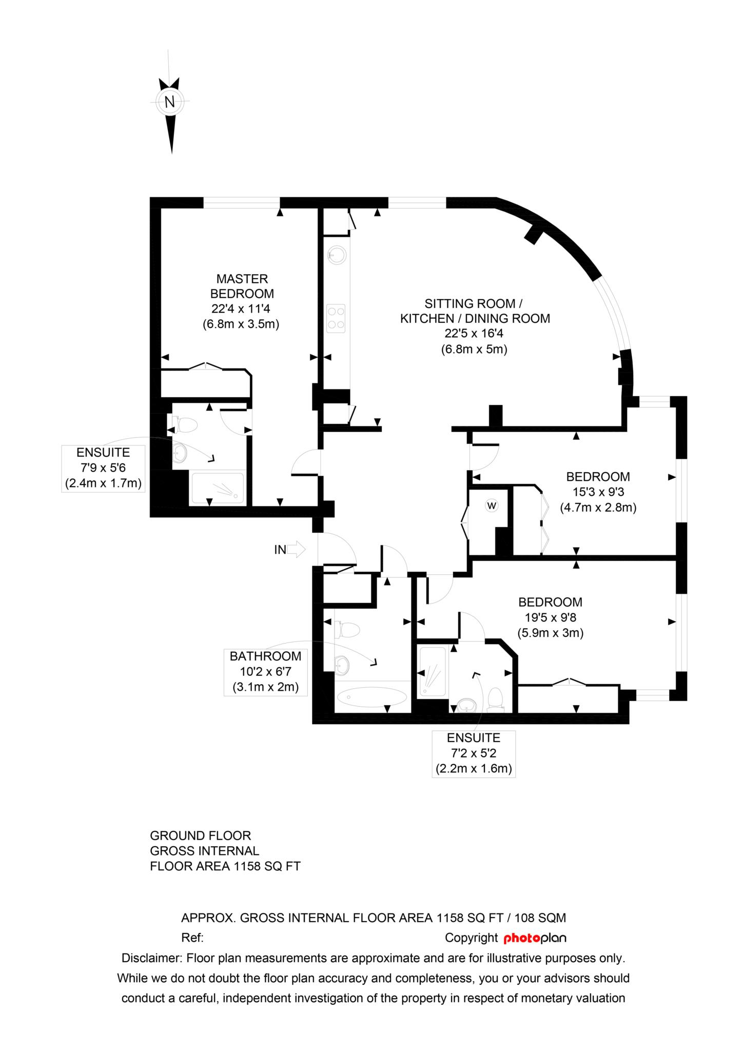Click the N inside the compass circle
[x=170, y=102]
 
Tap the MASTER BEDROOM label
[x=242, y=286]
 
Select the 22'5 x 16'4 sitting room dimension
[x=474, y=334]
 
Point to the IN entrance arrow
[x=296, y=550]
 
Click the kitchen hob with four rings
[x=337, y=317]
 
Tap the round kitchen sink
[x=337, y=255]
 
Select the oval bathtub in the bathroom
[x=372, y=696]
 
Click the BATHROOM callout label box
[x=265, y=672]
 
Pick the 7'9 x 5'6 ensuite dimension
[x=103, y=468]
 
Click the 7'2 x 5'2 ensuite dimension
[x=474, y=753]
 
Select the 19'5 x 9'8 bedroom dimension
[x=550, y=617]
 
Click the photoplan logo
[x=535, y=938]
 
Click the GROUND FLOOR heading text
[x=201, y=835]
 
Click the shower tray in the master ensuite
[x=218, y=488]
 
